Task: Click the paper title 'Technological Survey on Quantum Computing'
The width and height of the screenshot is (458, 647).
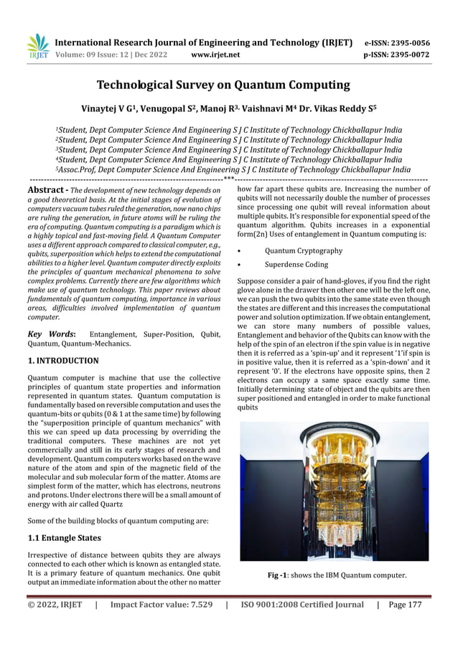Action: (223, 85)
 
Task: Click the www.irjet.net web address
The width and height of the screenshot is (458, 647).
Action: (216, 55)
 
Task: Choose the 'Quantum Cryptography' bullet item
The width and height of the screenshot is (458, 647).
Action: (303, 251)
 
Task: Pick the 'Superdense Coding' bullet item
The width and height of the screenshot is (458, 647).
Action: (296, 265)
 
